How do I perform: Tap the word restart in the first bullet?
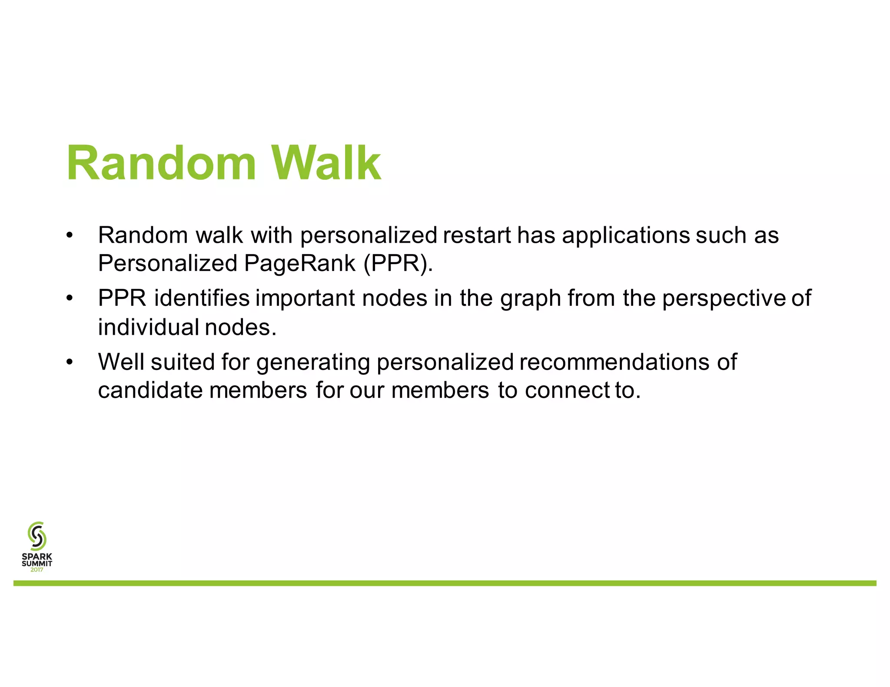coord(477,235)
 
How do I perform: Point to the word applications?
coord(626,235)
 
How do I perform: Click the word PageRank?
coord(300,263)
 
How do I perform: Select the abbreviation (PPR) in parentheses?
coord(398,263)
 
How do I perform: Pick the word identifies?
coord(202,298)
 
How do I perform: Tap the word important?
coord(305,298)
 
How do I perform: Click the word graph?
coord(531,299)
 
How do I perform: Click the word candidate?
coord(150,390)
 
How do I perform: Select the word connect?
coord(567,390)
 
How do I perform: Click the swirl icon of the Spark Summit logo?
coord(37,536)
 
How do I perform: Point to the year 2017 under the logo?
coord(37,570)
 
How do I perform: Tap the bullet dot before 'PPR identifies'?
coord(70,299)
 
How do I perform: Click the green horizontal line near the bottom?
coord(445,583)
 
